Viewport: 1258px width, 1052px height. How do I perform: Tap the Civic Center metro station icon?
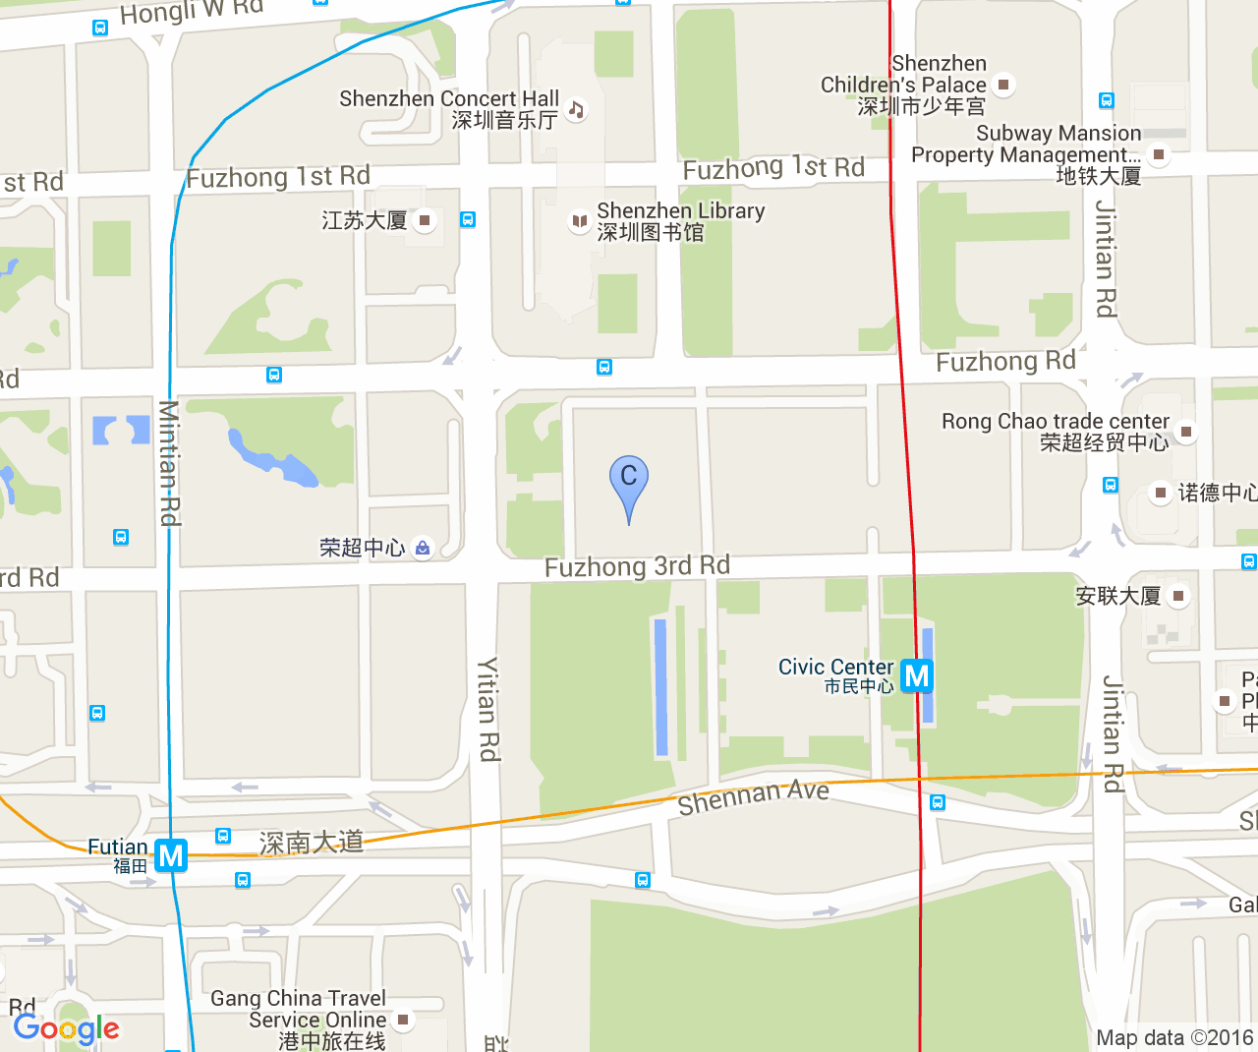[916, 675]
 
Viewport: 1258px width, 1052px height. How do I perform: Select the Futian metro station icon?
[171, 855]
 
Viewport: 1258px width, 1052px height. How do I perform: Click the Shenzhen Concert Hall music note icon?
[577, 109]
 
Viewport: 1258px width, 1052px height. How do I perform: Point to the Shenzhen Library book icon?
[580, 220]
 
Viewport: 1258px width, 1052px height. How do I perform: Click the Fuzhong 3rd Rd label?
[637, 566]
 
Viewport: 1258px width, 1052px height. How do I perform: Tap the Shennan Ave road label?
[753, 797]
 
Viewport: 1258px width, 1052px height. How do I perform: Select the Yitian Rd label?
[488, 708]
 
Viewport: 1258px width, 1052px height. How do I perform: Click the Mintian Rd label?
[169, 462]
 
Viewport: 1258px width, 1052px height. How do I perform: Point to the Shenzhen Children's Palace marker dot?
[1003, 85]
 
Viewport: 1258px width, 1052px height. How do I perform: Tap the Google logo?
[66, 1028]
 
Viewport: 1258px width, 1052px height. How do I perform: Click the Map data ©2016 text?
[1173, 1037]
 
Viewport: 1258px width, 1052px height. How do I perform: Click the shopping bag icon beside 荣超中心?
[423, 548]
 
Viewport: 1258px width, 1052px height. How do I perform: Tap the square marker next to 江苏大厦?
[425, 220]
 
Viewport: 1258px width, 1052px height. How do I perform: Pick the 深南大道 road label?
[312, 843]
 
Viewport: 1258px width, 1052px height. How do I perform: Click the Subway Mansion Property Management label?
[1026, 145]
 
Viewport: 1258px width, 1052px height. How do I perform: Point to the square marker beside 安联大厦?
[1178, 595]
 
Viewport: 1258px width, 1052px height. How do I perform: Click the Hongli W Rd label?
[191, 13]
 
